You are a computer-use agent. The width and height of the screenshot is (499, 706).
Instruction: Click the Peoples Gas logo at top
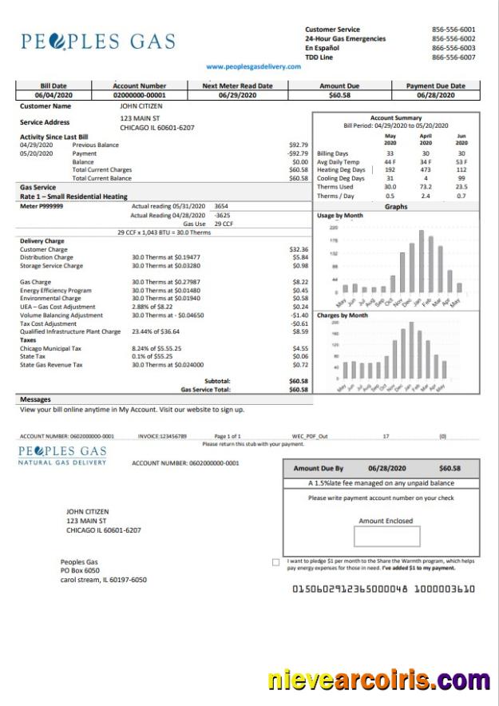pyautogui.click(x=98, y=42)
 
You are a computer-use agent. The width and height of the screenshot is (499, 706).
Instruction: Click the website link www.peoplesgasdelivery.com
pyautogui.click(x=253, y=66)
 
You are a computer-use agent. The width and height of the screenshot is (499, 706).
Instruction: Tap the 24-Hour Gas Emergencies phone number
pyautogui.click(x=453, y=38)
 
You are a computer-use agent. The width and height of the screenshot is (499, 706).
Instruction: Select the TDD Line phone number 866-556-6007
pyautogui.click(x=453, y=58)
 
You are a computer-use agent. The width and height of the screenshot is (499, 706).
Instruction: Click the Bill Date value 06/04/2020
pyautogui.click(x=53, y=95)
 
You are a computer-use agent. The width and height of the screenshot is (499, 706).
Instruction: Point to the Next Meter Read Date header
pyautogui.click(x=237, y=85)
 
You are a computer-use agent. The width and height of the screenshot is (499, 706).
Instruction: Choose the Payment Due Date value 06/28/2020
pyautogui.click(x=435, y=95)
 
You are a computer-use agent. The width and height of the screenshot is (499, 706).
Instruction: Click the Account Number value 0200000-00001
pyautogui.click(x=140, y=95)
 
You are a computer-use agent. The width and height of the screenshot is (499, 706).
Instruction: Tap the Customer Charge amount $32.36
pyautogui.click(x=299, y=249)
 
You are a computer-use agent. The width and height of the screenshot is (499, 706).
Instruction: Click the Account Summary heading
pyautogui.click(x=396, y=118)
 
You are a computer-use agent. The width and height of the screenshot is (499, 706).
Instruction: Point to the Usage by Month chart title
pyautogui.click(x=340, y=216)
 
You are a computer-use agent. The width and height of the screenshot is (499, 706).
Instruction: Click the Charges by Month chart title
pyautogui.click(x=343, y=315)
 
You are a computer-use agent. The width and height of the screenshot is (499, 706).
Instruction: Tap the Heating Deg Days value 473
pyautogui.click(x=426, y=169)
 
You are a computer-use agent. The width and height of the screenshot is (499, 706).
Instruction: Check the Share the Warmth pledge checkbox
pyautogui.click(x=276, y=562)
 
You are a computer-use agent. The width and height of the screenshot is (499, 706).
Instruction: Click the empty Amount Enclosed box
pyautogui.click(x=386, y=537)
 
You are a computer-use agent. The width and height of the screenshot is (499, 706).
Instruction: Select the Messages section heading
pyautogui.click(x=35, y=399)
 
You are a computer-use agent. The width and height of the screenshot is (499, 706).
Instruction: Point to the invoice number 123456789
pyautogui.click(x=162, y=437)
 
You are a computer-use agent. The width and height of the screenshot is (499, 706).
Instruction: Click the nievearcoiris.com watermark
pyautogui.click(x=378, y=680)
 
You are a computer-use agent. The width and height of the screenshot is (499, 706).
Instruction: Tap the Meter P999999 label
pyautogui.click(x=42, y=206)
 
